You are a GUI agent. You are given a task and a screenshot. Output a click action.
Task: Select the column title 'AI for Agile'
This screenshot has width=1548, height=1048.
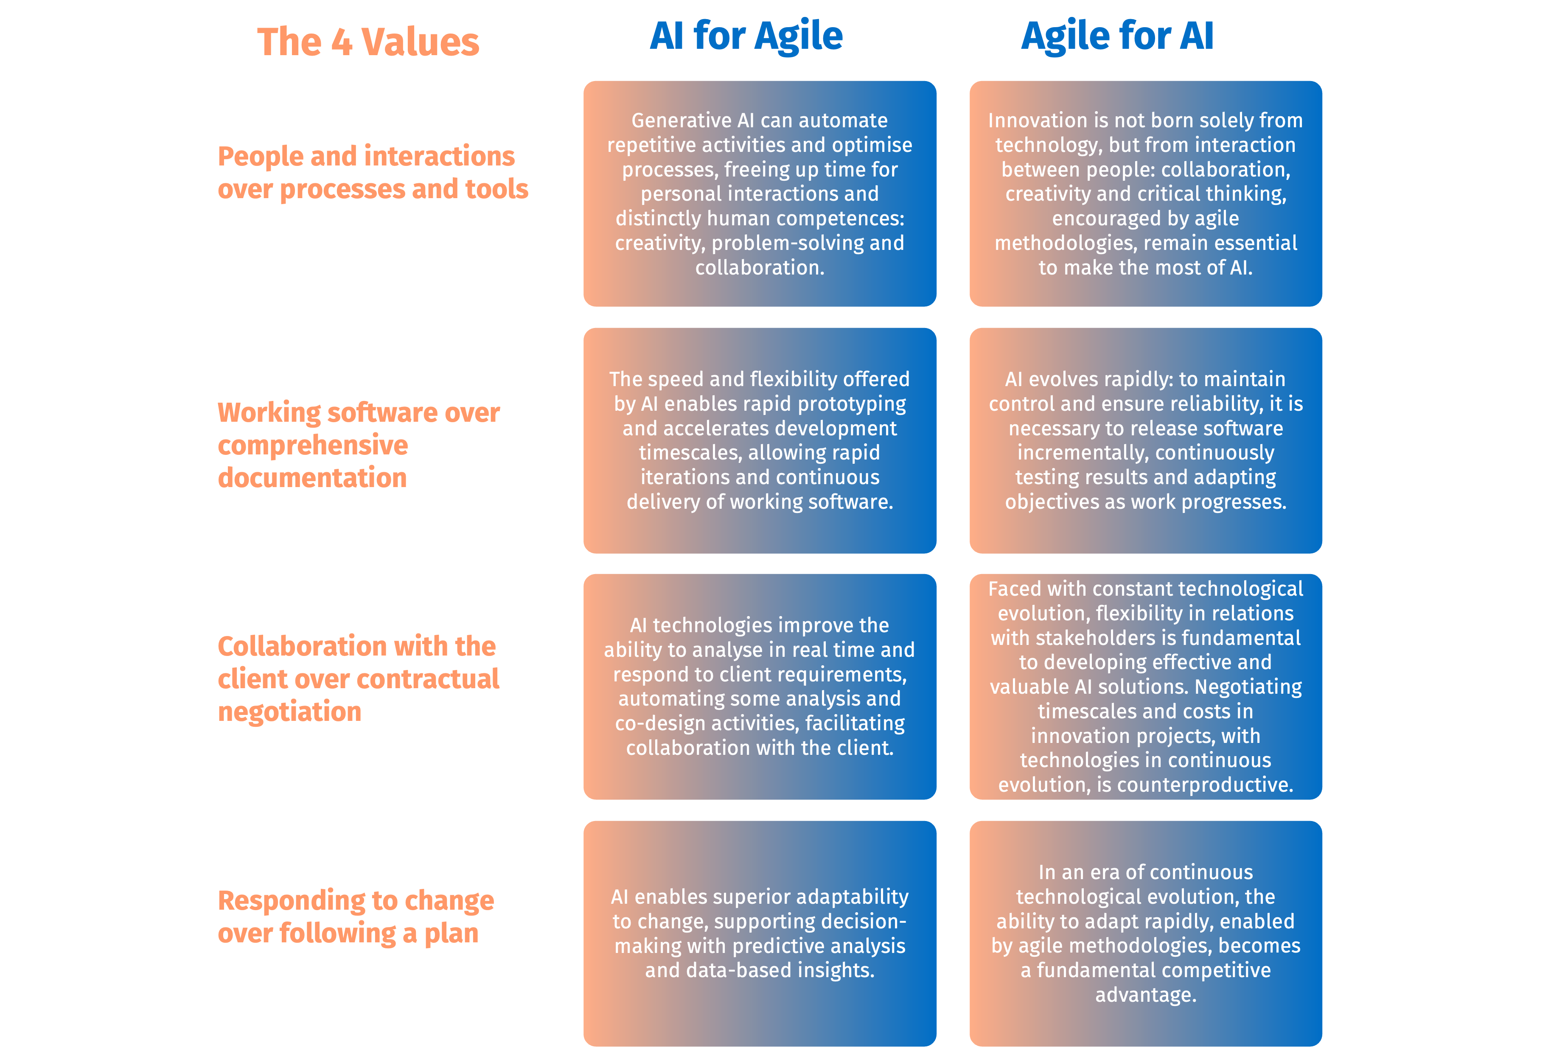coord(746,36)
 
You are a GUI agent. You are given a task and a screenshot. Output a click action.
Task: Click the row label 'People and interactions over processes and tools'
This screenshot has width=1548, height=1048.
coord(373,172)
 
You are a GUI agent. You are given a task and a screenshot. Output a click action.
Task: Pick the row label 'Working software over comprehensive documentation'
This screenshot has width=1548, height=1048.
coord(359,445)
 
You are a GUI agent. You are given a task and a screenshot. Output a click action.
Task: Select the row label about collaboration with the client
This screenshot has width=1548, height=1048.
coord(359,678)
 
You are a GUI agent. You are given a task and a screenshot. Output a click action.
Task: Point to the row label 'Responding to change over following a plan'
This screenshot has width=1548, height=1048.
coord(356,917)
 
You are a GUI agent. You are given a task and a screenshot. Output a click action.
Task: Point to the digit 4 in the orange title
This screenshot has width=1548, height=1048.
coord(342,42)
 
